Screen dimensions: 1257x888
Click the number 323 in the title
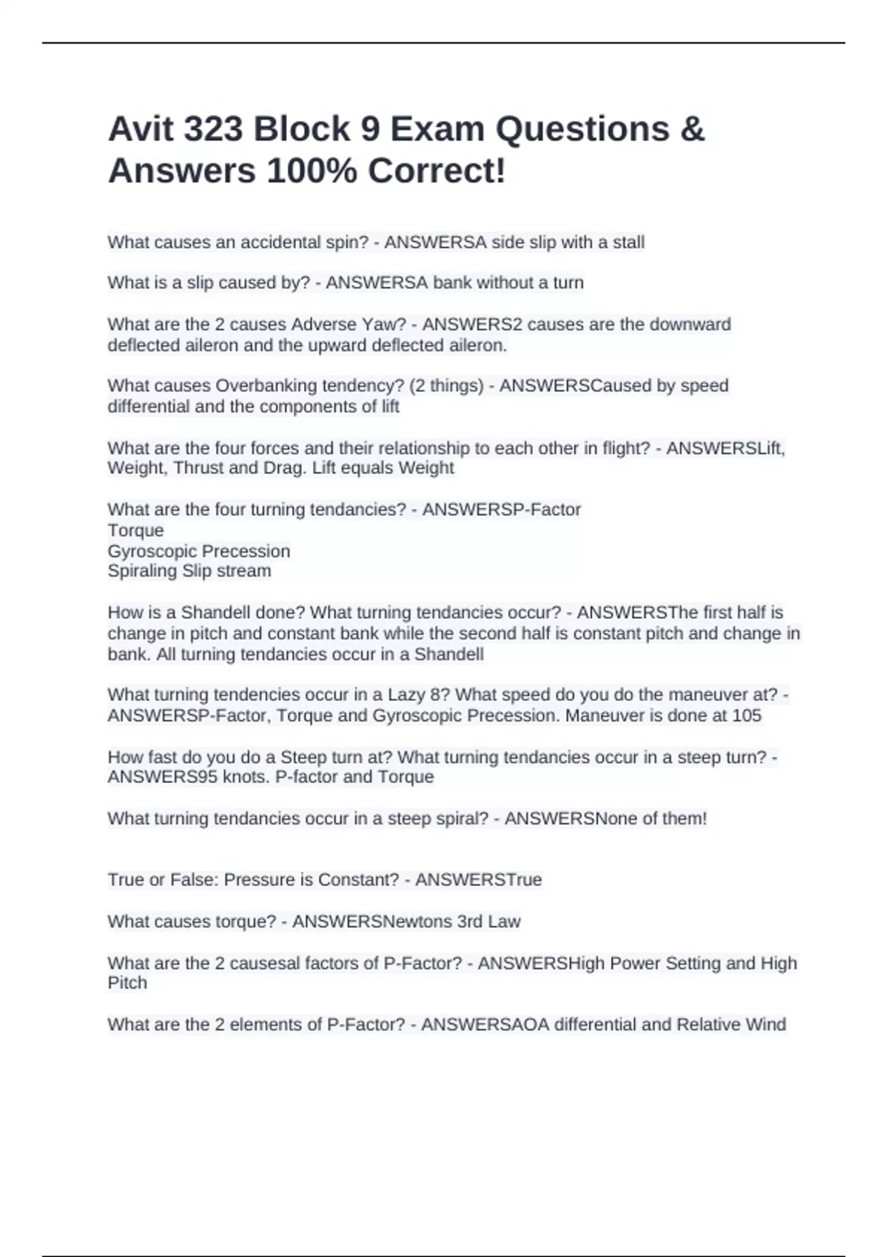(213, 129)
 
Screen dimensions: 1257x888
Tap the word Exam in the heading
(437, 129)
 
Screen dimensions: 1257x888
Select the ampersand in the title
(691, 129)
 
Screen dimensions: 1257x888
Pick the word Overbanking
(262, 386)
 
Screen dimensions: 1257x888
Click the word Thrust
(198, 468)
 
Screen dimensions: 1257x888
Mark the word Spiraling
(141, 571)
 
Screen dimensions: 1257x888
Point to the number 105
(746, 716)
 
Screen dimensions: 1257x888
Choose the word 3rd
(469, 922)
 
